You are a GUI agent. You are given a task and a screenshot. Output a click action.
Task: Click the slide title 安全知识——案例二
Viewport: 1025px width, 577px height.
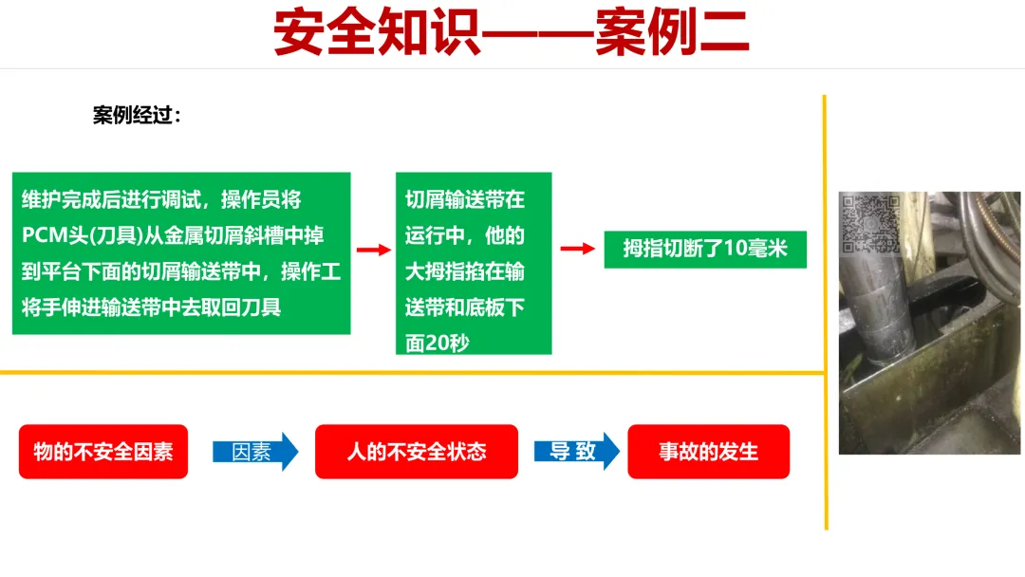click(512, 33)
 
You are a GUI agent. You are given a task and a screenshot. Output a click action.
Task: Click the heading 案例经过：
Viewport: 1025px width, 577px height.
click(137, 116)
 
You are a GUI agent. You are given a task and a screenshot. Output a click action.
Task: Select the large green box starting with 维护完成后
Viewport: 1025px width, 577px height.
click(181, 252)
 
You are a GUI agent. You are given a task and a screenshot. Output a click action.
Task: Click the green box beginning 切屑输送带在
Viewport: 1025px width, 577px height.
click(473, 263)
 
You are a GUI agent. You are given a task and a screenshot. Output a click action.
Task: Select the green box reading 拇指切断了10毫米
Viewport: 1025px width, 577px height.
click(705, 249)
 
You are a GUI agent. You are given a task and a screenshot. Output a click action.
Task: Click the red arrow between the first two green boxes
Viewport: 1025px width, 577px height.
click(373, 250)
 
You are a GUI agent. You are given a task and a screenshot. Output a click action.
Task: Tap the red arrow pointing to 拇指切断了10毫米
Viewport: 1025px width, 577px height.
click(577, 249)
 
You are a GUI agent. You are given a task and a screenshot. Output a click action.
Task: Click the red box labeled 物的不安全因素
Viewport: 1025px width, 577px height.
click(103, 452)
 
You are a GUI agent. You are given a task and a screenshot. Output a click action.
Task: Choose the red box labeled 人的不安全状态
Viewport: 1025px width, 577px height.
click(416, 452)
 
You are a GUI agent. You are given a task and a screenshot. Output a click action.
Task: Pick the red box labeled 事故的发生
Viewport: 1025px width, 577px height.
click(708, 452)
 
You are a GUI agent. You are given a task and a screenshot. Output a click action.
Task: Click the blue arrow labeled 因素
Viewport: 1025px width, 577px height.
click(254, 452)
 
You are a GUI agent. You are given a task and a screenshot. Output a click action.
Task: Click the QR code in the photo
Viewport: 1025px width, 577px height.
click(869, 224)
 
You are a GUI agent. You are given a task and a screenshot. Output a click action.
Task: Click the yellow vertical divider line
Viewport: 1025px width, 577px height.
click(826, 313)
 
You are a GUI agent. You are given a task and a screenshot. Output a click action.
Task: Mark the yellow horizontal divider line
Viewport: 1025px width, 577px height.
click(408, 373)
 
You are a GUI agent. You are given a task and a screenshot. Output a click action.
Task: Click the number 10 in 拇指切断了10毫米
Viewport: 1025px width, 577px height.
click(735, 250)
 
